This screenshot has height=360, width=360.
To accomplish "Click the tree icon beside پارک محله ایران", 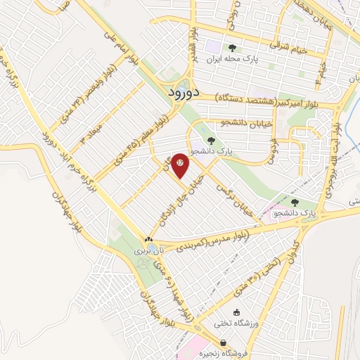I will coord(232,49).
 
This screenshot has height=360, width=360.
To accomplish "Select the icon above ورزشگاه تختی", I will coord(237,312).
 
